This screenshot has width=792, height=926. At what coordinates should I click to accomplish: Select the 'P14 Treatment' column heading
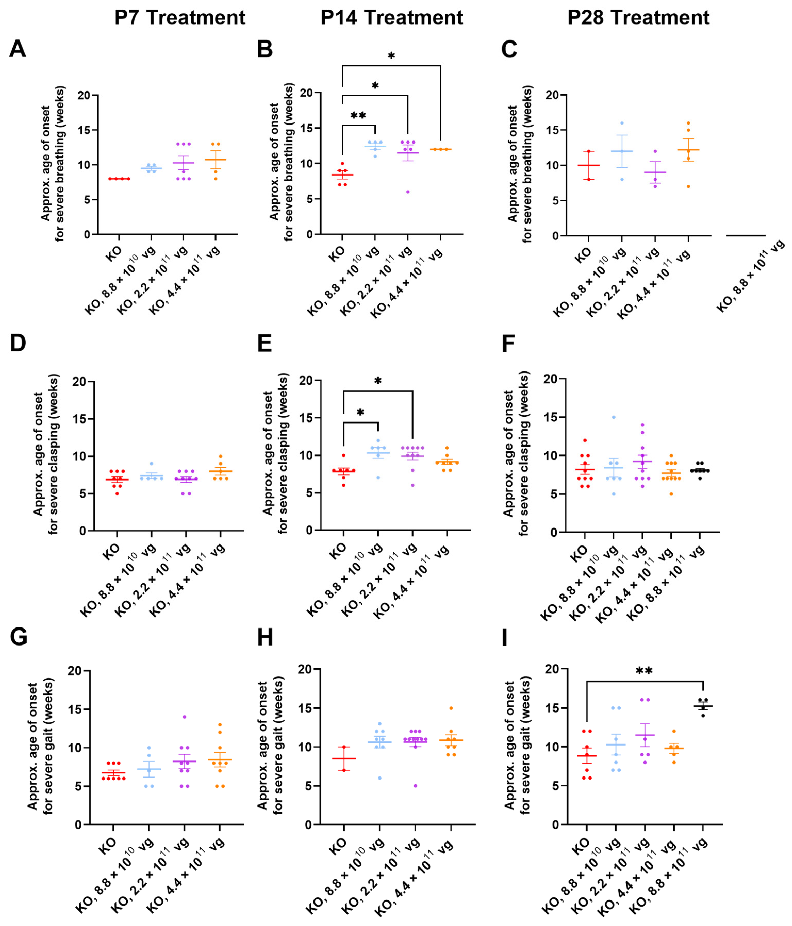(x=392, y=18)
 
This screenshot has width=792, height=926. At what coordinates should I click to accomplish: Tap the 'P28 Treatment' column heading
(x=638, y=18)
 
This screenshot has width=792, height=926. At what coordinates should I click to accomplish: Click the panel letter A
(x=18, y=49)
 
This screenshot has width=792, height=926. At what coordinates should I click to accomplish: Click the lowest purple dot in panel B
(x=408, y=192)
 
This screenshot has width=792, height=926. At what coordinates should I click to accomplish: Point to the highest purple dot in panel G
(x=184, y=717)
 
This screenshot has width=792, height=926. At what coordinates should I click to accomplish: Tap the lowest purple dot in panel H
(x=415, y=786)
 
